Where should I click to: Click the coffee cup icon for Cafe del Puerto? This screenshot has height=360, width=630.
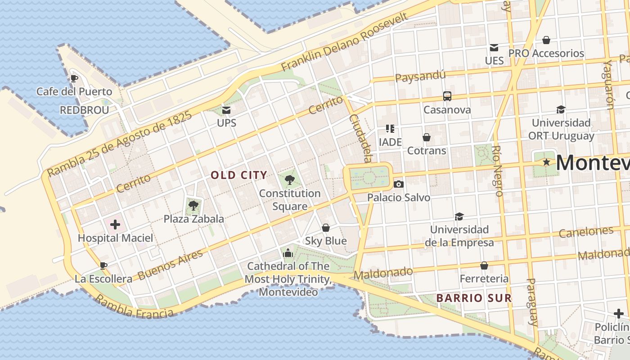(74, 78)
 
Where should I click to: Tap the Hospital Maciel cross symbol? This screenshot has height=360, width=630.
(115, 224)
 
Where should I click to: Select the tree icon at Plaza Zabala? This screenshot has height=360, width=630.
(193, 206)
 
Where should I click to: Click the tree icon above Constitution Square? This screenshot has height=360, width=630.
(290, 180)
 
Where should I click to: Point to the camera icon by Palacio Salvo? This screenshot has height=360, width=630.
(398, 184)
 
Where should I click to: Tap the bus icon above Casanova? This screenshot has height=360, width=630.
(447, 96)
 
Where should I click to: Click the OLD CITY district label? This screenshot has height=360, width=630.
(239, 175)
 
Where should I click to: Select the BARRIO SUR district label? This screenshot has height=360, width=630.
(474, 298)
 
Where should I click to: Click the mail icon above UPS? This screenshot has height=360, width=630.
(226, 110)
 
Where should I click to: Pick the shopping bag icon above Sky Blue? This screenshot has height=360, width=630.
(326, 228)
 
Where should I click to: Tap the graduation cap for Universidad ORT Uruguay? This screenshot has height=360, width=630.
(561, 109)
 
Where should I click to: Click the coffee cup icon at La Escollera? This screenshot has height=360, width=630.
(103, 265)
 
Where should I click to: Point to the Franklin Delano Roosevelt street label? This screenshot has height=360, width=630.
(344, 42)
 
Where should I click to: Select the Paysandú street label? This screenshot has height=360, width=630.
(420, 76)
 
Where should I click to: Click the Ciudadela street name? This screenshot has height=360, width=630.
(361, 138)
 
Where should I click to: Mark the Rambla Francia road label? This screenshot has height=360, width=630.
(134, 307)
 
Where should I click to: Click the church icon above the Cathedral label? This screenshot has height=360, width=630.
(288, 253)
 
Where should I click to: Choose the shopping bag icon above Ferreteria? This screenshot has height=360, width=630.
(484, 265)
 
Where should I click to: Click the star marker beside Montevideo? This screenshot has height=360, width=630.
(546, 162)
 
